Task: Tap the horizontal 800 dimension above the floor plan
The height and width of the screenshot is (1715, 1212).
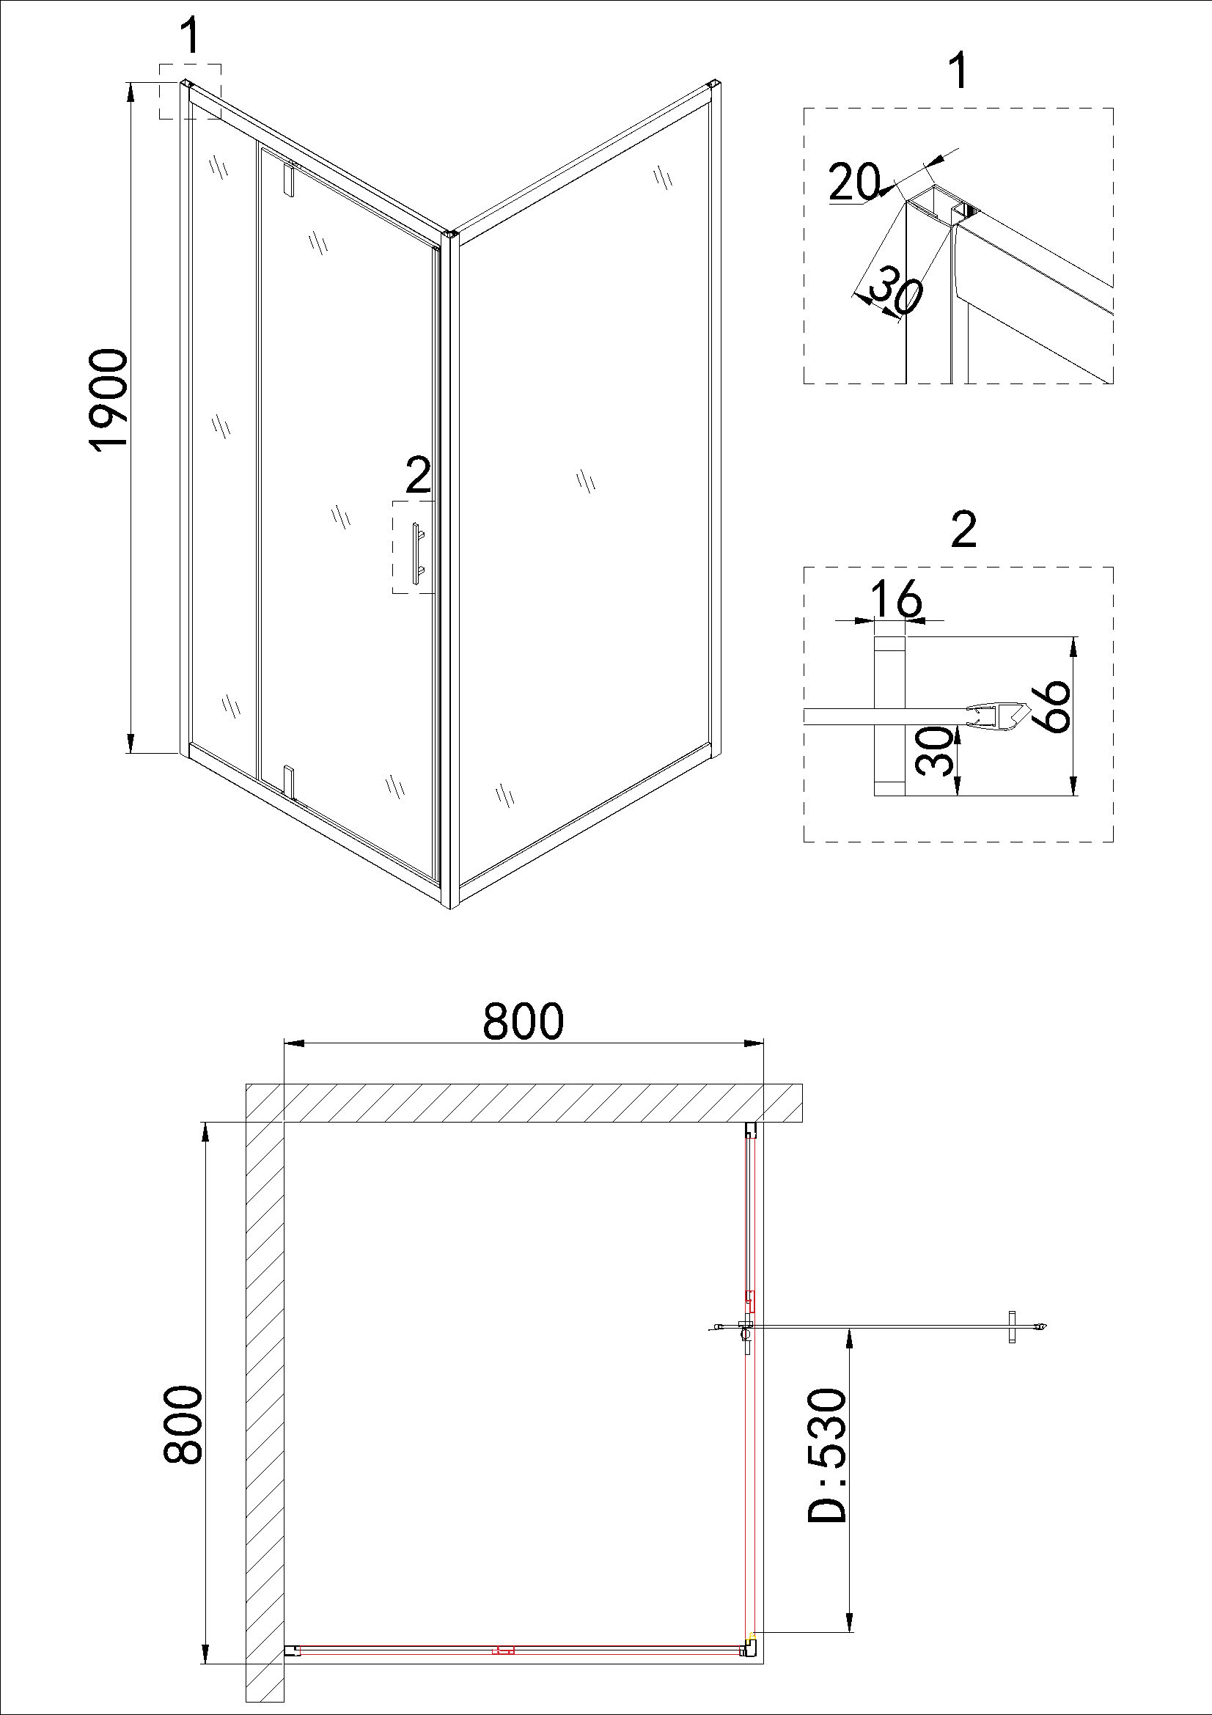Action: [x=523, y=1021]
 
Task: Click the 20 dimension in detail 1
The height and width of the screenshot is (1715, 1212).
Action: [x=854, y=183]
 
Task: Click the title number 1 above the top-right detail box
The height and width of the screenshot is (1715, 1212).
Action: [x=958, y=73]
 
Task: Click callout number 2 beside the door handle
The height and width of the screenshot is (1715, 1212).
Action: [x=418, y=475]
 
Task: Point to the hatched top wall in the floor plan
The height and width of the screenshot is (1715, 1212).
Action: [x=524, y=1103]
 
